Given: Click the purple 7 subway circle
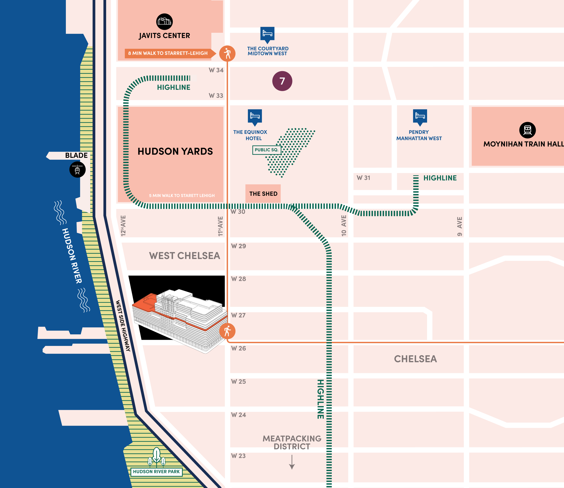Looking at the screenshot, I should tap(282, 81).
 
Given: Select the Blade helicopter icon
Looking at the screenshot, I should tap(77, 169).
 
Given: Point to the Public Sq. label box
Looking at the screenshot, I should tap(266, 150).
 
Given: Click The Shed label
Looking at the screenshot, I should tap(263, 194).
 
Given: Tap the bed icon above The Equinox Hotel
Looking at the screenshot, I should tap(255, 116).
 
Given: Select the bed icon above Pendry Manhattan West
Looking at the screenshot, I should tap(420, 116).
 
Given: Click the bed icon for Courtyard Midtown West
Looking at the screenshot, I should tap(267, 34).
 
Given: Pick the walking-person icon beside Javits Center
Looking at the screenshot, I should tap(227, 53).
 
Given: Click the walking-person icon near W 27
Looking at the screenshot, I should tap(227, 331).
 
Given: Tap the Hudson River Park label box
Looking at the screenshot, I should tap(156, 471).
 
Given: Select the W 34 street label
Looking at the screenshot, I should tap(216, 70).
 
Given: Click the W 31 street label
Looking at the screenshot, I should tap(363, 178).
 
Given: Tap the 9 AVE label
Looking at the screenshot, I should tap(459, 226).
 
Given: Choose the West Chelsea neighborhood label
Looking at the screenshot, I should tap(184, 256).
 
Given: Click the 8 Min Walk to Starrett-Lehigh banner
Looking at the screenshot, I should tap(168, 53).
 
